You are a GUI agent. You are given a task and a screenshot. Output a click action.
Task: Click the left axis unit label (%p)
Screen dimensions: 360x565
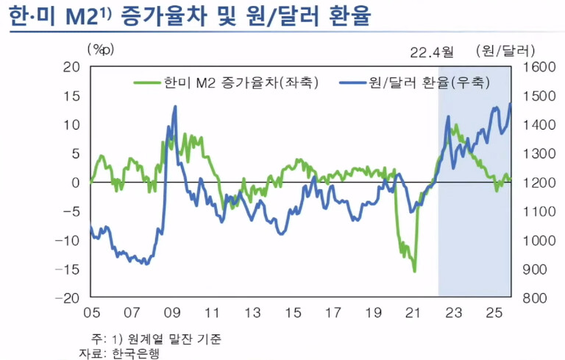tap(101, 50)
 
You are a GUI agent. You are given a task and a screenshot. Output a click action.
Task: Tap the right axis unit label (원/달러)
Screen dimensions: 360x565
tap(505, 50)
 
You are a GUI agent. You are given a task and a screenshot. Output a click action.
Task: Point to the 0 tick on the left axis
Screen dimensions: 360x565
tap(75, 183)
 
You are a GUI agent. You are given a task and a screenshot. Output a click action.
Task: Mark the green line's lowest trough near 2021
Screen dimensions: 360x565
tap(415, 272)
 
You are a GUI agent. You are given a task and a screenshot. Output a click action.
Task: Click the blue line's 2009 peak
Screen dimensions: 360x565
tap(175, 106)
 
